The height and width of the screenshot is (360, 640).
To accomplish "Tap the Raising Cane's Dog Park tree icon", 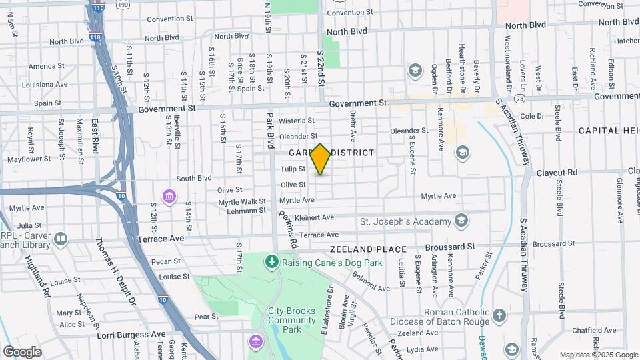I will click(271, 262).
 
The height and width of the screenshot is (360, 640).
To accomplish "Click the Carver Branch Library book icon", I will click(61, 239).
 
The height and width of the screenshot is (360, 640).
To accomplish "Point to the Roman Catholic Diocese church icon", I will click(500, 315).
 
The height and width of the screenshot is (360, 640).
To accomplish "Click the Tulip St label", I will click(293, 169).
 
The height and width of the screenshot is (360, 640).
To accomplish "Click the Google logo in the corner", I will click(22, 351).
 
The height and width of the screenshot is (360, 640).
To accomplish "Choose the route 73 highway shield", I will click(519, 98).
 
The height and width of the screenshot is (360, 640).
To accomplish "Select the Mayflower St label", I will click(27, 160).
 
